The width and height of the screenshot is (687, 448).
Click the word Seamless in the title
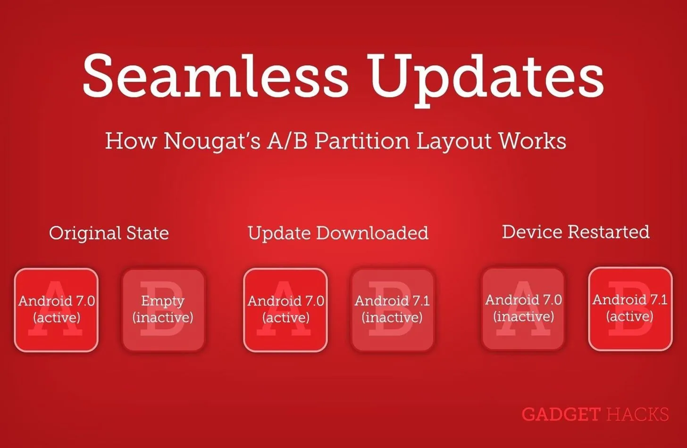(215, 76)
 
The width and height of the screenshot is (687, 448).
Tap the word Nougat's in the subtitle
(212, 141)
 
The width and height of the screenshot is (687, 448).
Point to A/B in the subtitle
(287, 141)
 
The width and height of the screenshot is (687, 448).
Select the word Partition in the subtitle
(362, 141)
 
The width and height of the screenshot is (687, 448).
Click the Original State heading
(109, 233)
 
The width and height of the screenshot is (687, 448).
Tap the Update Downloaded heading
(338, 233)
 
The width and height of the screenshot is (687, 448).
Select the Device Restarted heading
(576, 232)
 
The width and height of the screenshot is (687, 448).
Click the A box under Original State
(57, 310)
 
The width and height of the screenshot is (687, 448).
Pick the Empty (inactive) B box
(163, 310)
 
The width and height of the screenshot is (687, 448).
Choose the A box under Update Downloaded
(285, 310)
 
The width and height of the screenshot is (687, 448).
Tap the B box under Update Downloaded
(393, 310)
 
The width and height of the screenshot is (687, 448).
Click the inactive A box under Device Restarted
(523, 309)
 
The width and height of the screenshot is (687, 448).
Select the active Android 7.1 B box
(630, 309)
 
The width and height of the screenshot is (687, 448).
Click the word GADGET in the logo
(561, 415)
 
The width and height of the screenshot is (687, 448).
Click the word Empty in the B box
(163, 301)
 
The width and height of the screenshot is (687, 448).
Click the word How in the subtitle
(131, 141)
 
